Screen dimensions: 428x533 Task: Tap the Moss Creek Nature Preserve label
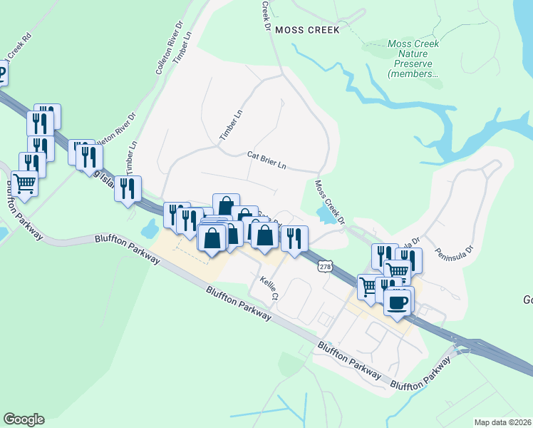(x=413, y=58)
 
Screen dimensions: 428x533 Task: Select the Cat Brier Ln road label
(x=266, y=160)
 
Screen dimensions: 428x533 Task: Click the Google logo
(x=24, y=419)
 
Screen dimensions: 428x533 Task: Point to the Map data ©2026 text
(x=502, y=422)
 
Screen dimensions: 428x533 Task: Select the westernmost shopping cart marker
(x=24, y=184)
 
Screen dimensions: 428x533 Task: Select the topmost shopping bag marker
(x=226, y=206)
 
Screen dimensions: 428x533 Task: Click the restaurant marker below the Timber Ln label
(x=128, y=188)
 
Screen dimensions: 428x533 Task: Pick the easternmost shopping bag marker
(x=264, y=235)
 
